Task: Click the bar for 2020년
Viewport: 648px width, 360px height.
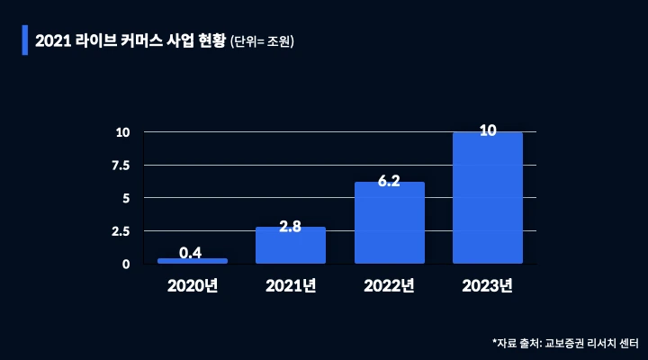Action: point(192,261)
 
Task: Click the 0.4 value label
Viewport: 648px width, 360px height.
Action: point(191,253)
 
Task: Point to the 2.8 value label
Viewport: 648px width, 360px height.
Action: point(290,227)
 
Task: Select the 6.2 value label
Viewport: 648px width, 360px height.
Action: point(389,181)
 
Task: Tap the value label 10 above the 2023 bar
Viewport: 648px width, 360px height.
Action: point(488,131)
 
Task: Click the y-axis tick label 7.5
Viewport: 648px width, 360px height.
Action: point(121,166)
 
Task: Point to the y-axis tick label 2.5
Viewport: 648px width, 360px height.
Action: point(121,231)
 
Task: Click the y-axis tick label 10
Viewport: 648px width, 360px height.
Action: point(123,132)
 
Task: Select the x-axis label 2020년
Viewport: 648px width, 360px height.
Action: point(192,287)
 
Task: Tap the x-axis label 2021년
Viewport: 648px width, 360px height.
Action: point(291,287)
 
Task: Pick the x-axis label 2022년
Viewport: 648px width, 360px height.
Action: point(389,287)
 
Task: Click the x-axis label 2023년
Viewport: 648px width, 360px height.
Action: point(488,287)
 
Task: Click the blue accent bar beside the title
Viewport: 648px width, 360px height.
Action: point(25,40)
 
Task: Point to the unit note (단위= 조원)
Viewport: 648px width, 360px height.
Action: point(263,41)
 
